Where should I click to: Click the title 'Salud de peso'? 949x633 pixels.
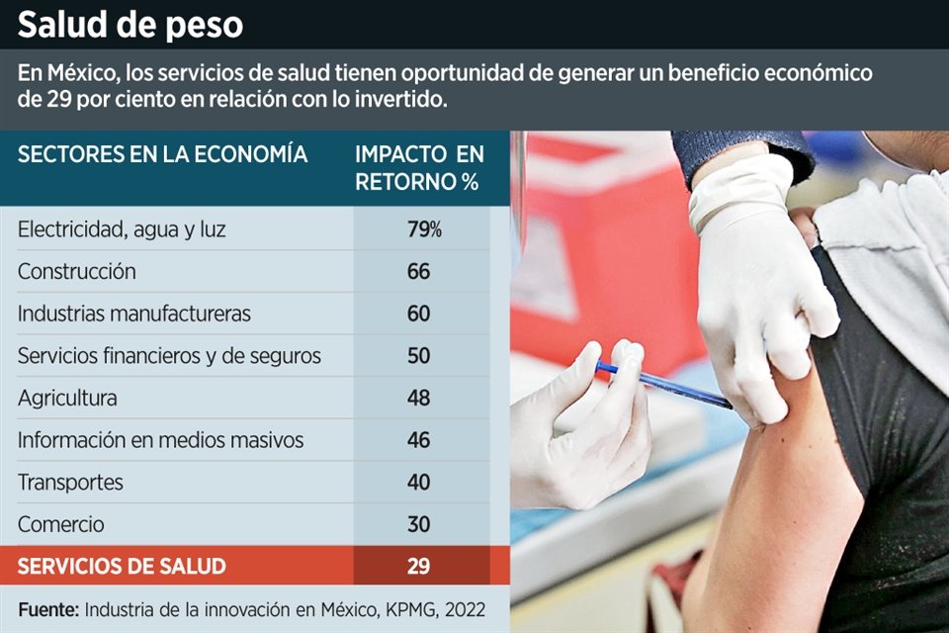point(129,25)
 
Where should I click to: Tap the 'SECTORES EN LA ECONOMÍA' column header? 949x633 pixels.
point(162,155)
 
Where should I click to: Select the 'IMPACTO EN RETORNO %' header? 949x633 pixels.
point(419,168)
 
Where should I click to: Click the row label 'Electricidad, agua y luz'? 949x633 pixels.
point(122,229)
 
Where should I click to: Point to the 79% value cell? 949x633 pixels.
point(423,229)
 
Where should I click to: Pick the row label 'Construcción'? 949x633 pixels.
point(76,271)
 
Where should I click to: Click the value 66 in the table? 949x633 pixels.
point(419,271)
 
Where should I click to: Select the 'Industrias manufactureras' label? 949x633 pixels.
point(133,314)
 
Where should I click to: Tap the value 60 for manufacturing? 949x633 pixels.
point(419,314)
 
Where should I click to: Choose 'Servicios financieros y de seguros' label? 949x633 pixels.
point(169,356)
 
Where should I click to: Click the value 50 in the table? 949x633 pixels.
point(419,356)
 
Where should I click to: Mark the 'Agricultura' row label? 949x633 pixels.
point(67,398)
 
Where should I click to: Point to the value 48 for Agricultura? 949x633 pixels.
point(419,398)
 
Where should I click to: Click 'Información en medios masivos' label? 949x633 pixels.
point(160,440)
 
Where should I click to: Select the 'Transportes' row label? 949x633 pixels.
point(70,483)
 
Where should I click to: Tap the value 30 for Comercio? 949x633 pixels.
point(419,524)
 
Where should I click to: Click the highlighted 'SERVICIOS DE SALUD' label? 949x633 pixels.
point(122,567)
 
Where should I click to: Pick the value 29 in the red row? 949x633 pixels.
point(419,567)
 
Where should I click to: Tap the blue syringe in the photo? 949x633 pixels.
point(663,384)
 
